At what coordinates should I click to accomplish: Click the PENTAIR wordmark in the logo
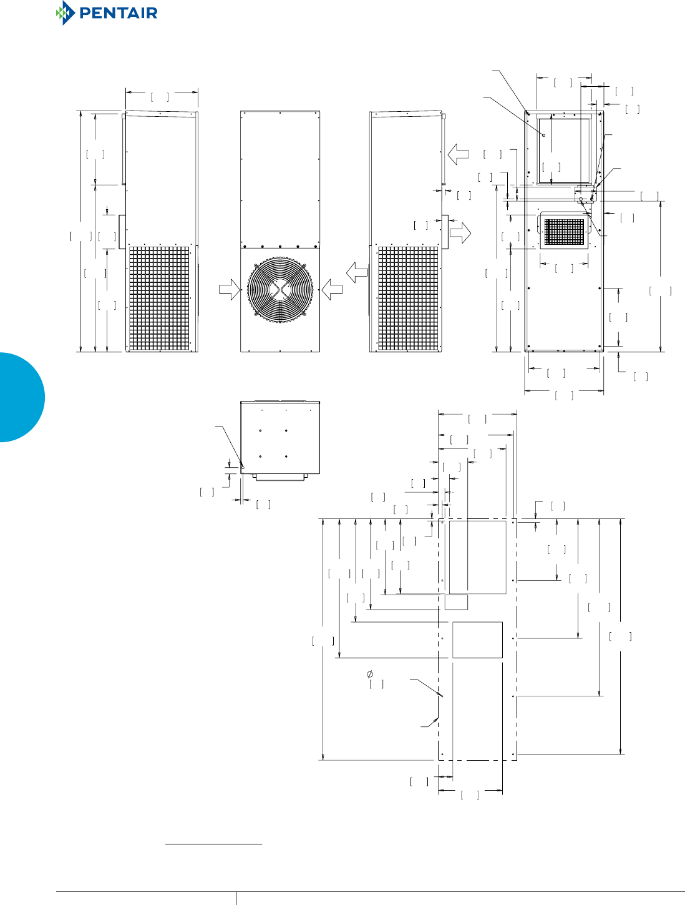(x=119, y=13)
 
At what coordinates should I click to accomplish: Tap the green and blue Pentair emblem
(x=65, y=13)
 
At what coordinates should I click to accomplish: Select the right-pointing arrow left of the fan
(x=230, y=289)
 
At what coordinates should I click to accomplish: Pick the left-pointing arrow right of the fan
(x=332, y=289)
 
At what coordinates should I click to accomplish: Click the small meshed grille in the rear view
(x=565, y=232)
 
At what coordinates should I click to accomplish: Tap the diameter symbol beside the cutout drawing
(x=370, y=674)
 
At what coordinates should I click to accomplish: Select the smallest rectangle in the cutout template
(x=456, y=602)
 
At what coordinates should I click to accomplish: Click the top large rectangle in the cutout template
(x=477, y=557)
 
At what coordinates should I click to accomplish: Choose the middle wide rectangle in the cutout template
(x=477, y=640)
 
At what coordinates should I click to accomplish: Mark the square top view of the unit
(x=280, y=437)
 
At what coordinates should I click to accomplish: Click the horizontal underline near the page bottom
(x=213, y=844)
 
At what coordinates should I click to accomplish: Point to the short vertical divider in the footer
(x=236, y=898)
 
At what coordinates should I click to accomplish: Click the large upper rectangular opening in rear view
(x=564, y=151)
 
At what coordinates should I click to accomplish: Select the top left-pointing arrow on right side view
(x=458, y=154)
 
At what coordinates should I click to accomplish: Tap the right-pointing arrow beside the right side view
(x=460, y=234)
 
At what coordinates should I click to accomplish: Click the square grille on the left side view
(x=159, y=298)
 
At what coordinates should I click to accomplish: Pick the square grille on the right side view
(x=408, y=298)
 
